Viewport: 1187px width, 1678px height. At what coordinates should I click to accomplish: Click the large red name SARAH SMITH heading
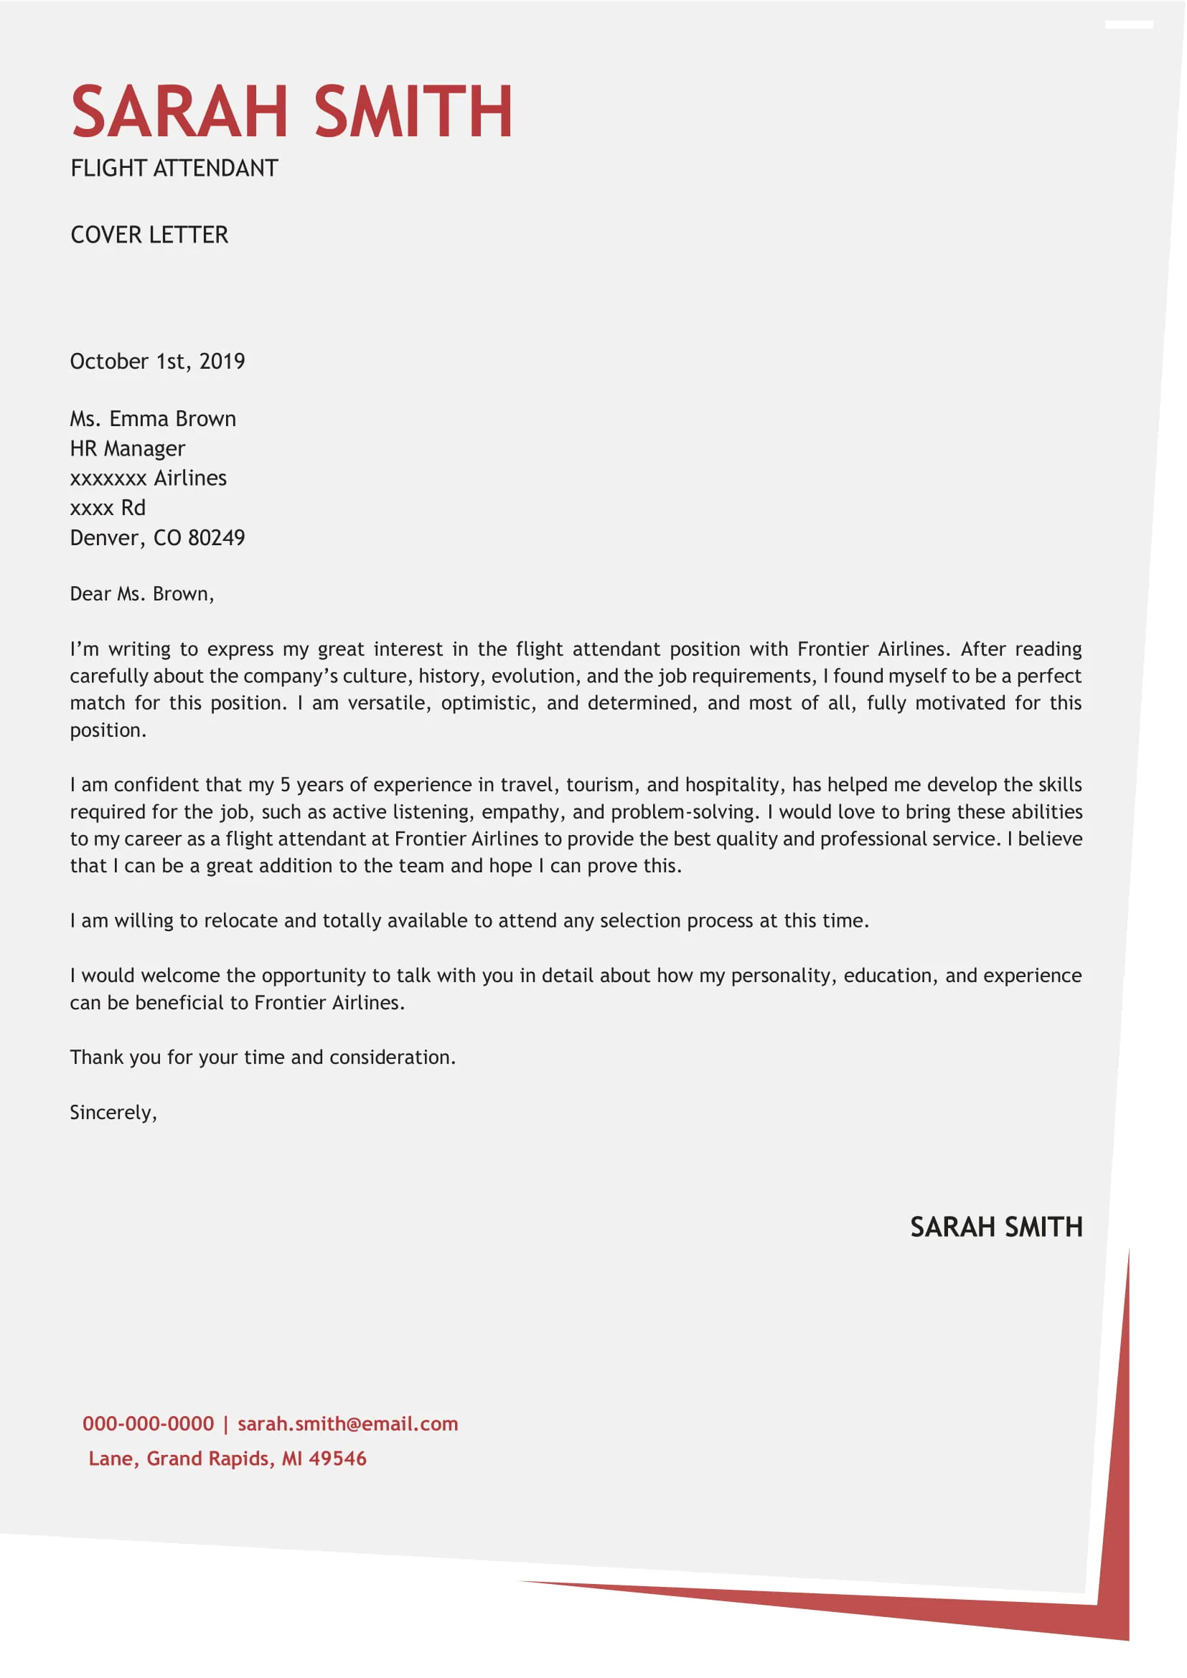[291, 111]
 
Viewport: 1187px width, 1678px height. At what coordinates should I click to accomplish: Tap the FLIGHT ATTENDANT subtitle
[174, 168]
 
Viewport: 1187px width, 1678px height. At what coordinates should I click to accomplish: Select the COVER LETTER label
[149, 235]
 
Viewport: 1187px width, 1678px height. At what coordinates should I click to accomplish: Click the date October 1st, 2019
[157, 361]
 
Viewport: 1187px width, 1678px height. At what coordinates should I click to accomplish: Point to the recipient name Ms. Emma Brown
[153, 419]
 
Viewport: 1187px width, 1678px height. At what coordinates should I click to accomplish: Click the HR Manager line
[127, 448]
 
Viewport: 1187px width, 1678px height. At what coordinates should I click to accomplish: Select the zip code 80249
[216, 538]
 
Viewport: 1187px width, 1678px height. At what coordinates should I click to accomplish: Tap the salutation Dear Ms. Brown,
[142, 593]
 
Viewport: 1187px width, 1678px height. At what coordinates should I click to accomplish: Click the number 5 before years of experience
[285, 785]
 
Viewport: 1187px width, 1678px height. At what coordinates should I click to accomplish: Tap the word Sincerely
[112, 1113]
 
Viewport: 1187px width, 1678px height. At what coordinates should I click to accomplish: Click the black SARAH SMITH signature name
[995, 1227]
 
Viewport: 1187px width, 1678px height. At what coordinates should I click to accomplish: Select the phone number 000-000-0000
[149, 1423]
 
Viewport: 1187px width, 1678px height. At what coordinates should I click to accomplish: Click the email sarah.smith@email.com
[348, 1423]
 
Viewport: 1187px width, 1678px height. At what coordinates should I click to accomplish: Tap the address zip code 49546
[337, 1458]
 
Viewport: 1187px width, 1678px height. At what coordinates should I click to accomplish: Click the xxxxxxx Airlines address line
[149, 478]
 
